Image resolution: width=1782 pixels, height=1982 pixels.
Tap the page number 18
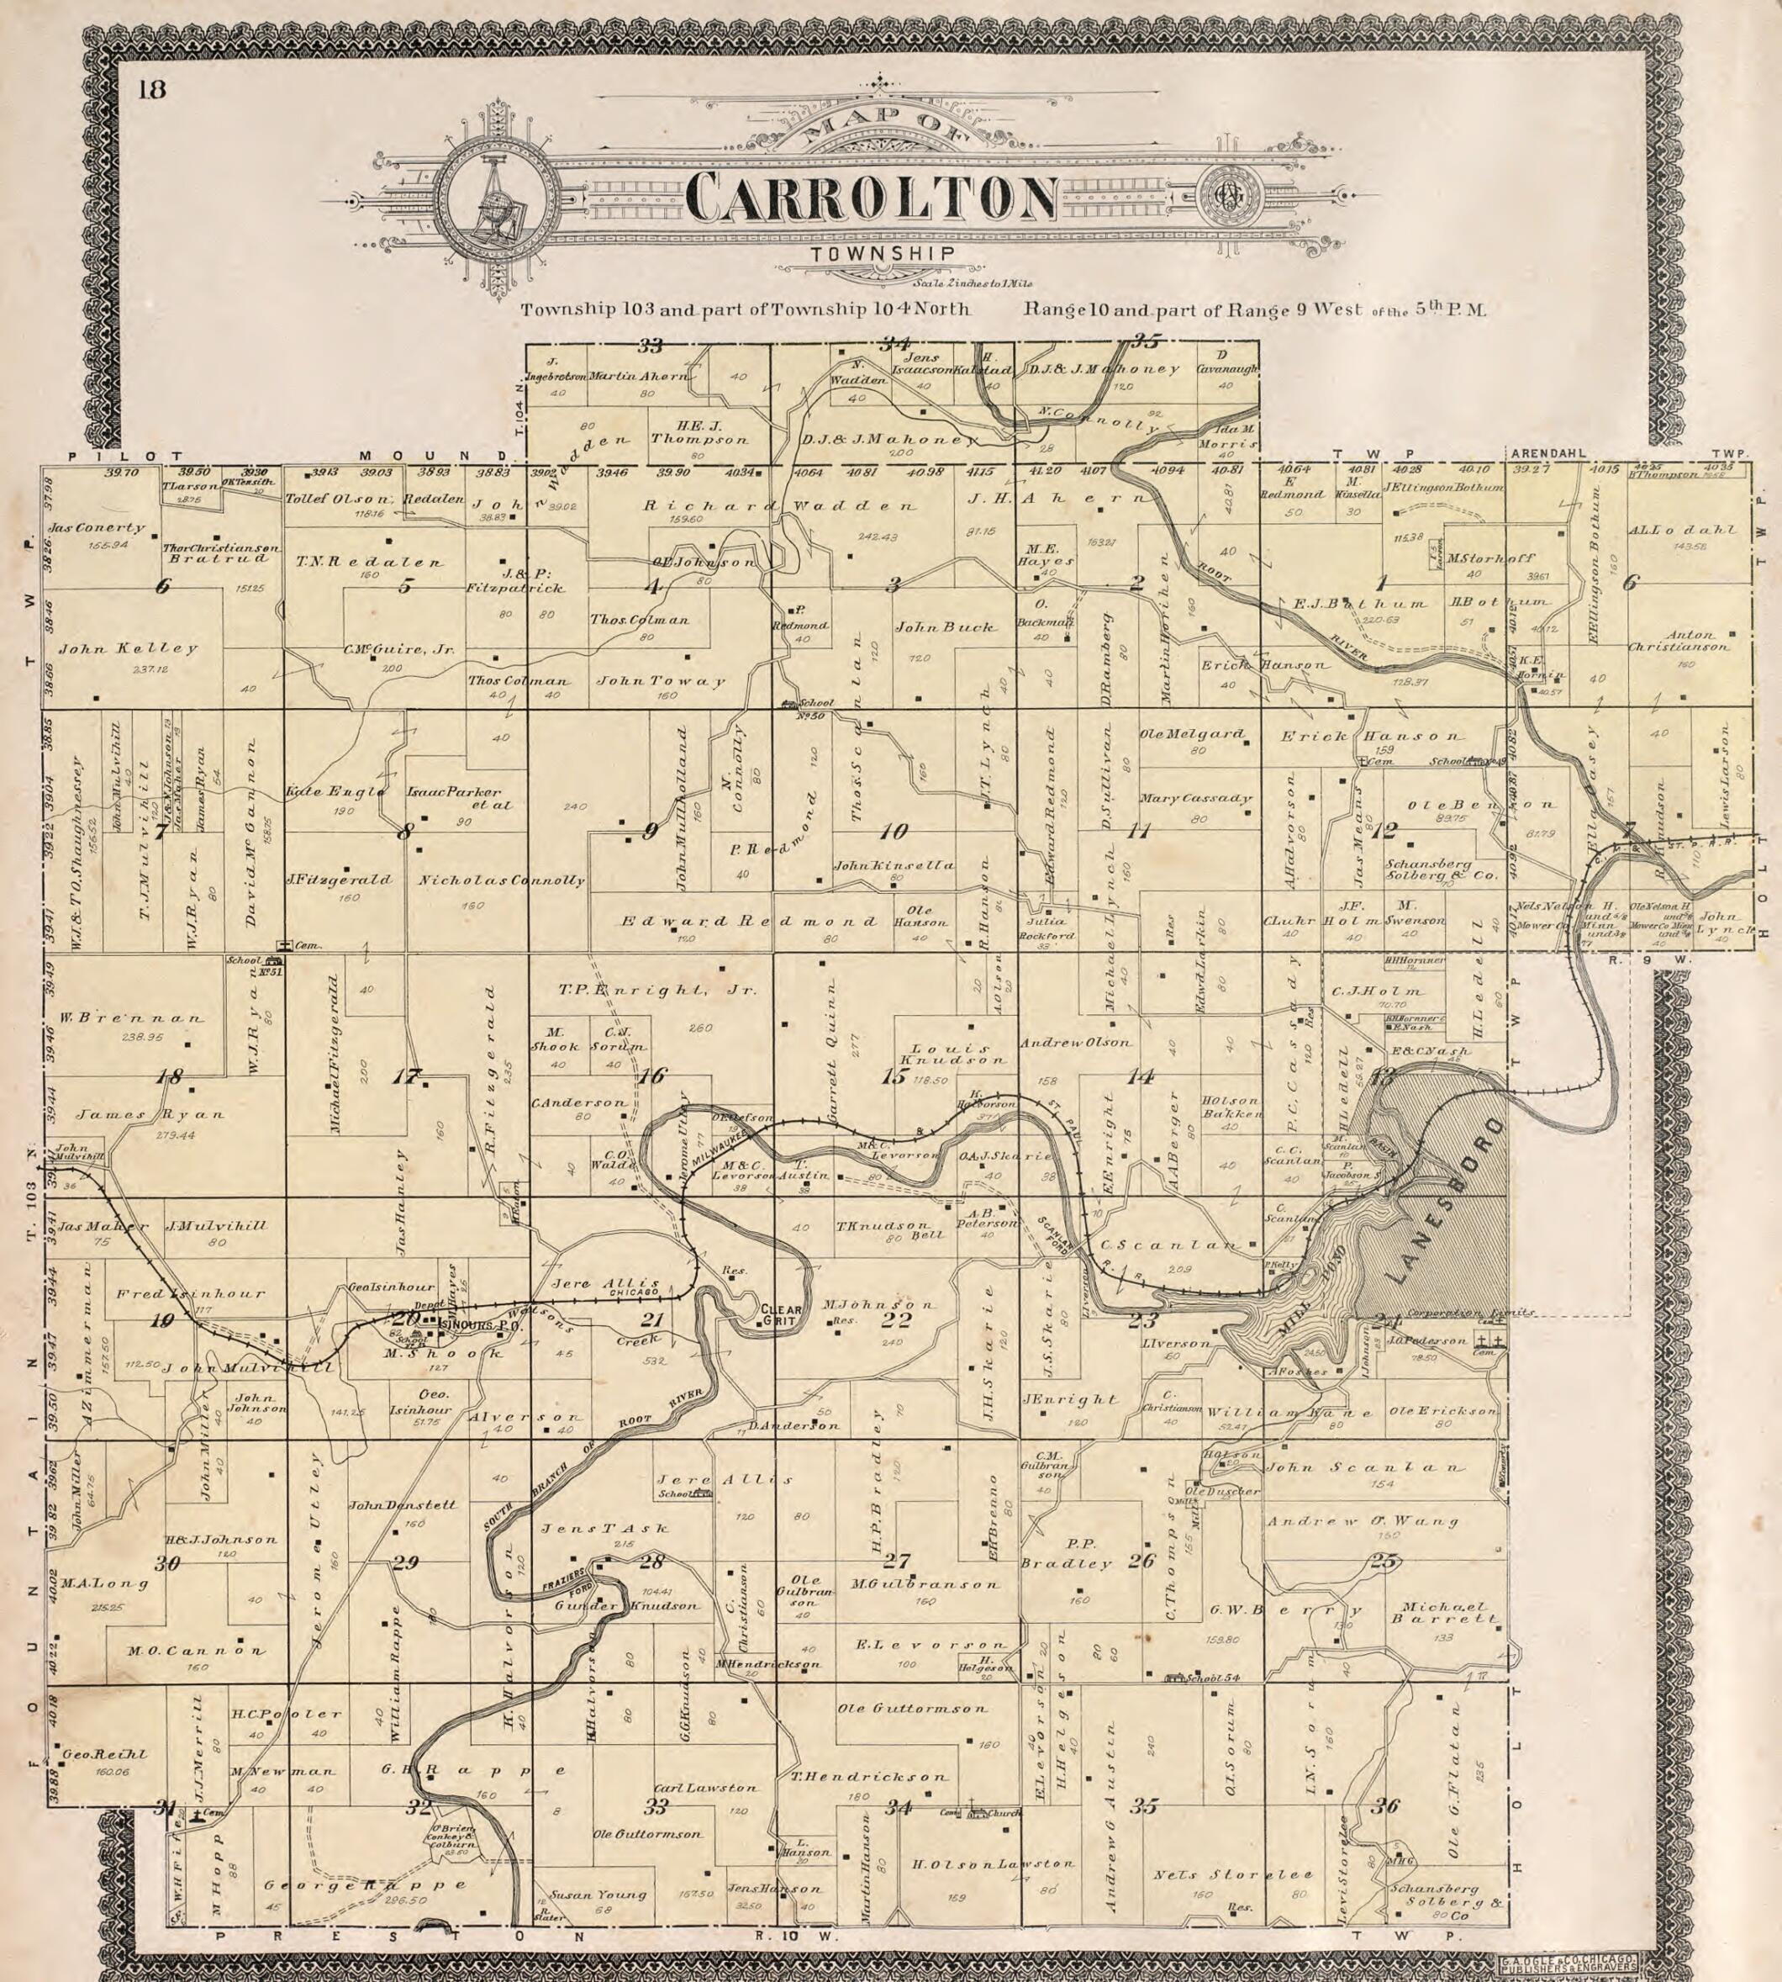point(152,90)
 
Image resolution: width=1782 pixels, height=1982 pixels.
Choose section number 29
point(405,1563)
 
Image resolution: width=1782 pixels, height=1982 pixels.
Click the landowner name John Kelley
point(129,648)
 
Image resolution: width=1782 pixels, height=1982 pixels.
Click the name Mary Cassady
point(1195,798)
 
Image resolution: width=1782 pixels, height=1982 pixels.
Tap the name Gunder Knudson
point(626,1606)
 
